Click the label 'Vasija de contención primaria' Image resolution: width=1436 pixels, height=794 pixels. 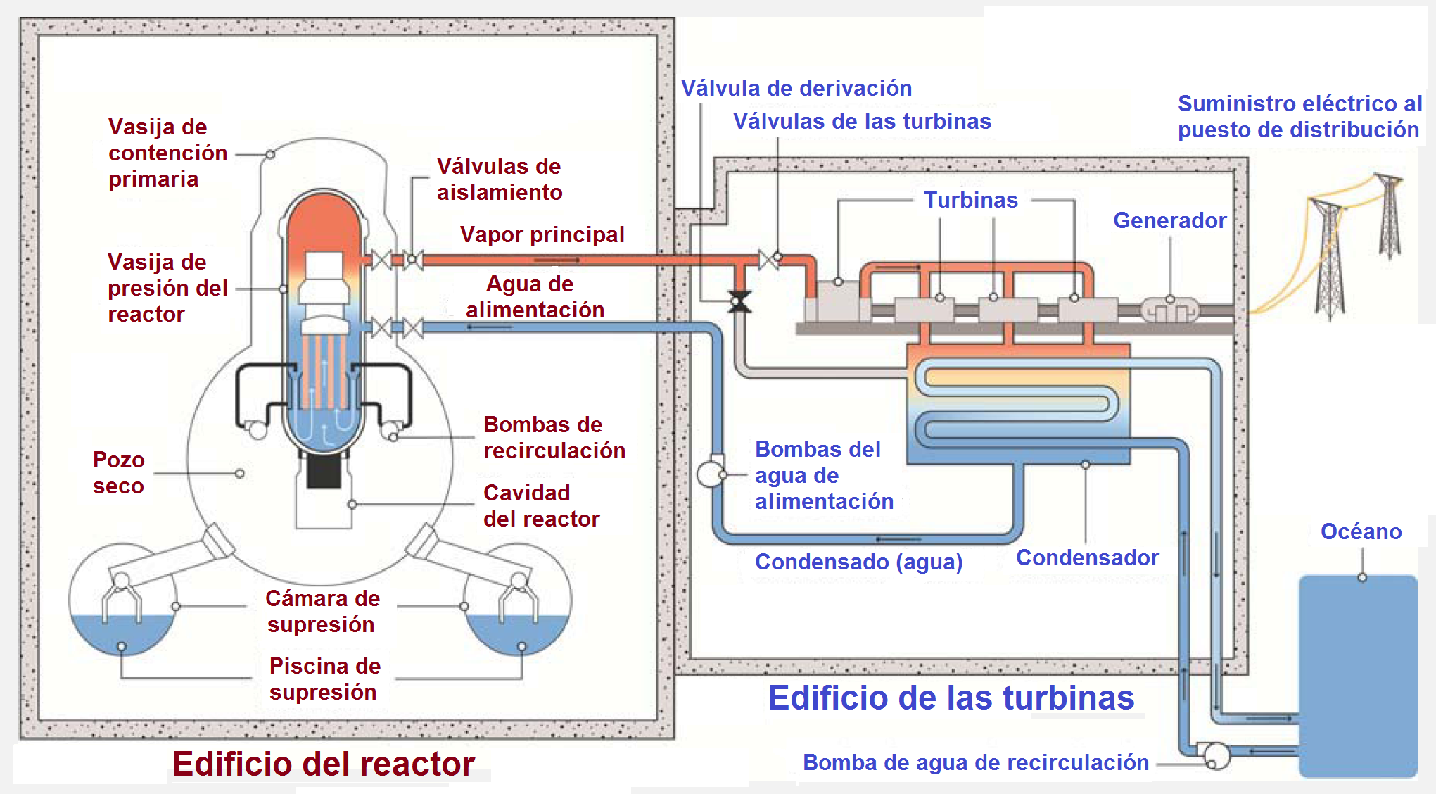167,153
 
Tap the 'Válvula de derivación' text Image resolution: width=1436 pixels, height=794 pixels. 796,88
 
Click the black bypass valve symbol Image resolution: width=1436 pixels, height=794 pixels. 739,301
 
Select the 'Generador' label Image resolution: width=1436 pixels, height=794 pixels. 1169,220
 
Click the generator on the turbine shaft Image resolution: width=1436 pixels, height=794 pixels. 1169,310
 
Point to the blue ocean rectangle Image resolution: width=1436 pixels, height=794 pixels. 1357,676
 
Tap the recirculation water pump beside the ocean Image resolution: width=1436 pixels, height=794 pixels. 1215,756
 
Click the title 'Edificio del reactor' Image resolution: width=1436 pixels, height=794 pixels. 323,764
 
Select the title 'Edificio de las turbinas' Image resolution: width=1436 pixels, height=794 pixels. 951,698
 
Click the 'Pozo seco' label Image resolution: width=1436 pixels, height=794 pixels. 118,472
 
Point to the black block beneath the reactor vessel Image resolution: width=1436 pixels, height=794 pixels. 324,471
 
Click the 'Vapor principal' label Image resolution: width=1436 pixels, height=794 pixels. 542,234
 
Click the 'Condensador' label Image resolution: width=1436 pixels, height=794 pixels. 1087,557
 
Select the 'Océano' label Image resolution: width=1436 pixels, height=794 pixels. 1361,531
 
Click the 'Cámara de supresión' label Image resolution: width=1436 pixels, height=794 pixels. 322,611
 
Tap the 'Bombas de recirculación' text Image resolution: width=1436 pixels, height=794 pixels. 554,437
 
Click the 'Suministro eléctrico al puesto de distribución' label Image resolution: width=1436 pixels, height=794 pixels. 1299,116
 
